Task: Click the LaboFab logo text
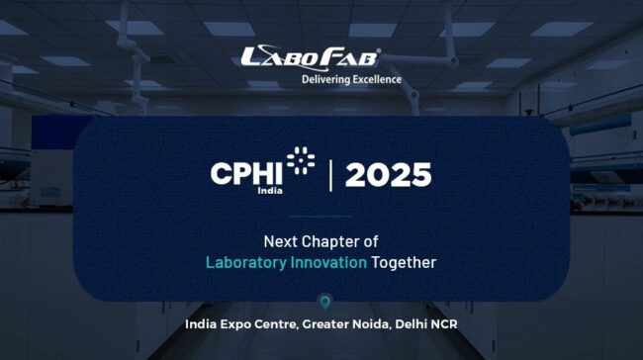click(310, 56)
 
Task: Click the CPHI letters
click(246, 174)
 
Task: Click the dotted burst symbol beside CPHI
click(301, 161)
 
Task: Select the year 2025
click(388, 175)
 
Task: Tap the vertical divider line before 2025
click(331, 175)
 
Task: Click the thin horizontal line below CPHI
click(321, 216)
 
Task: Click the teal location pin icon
click(321, 302)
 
